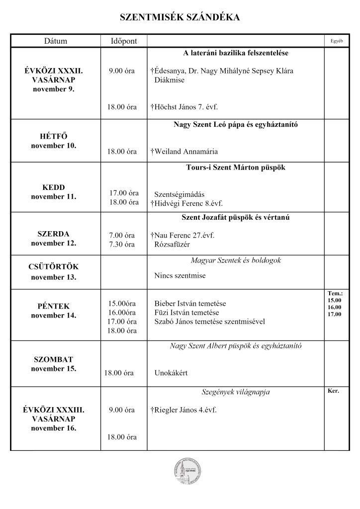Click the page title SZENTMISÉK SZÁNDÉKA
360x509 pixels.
pyautogui.click(x=180, y=18)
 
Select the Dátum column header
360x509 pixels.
pyautogui.click(x=55, y=41)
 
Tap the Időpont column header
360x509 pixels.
pyautogui.click(x=124, y=41)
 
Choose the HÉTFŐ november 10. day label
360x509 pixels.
pyautogui.click(x=54, y=141)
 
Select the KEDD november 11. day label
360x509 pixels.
pyautogui.click(x=54, y=192)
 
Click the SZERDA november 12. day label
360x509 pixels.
pyautogui.click(x=54, y=239)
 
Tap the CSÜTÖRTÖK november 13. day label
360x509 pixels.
pyautogui.click(x=54, y=272)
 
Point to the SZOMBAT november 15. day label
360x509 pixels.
pyautogui.click(x=54, y=364)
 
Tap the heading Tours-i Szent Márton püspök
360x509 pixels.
pyautogui.click(x=236, y=168)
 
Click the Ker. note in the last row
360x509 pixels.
pyautogui.click(x=334, y=391)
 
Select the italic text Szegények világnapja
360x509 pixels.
pyautogui.click(x=236, y=393)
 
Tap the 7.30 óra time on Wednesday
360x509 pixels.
pyautogui.click(x=122, y=245)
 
